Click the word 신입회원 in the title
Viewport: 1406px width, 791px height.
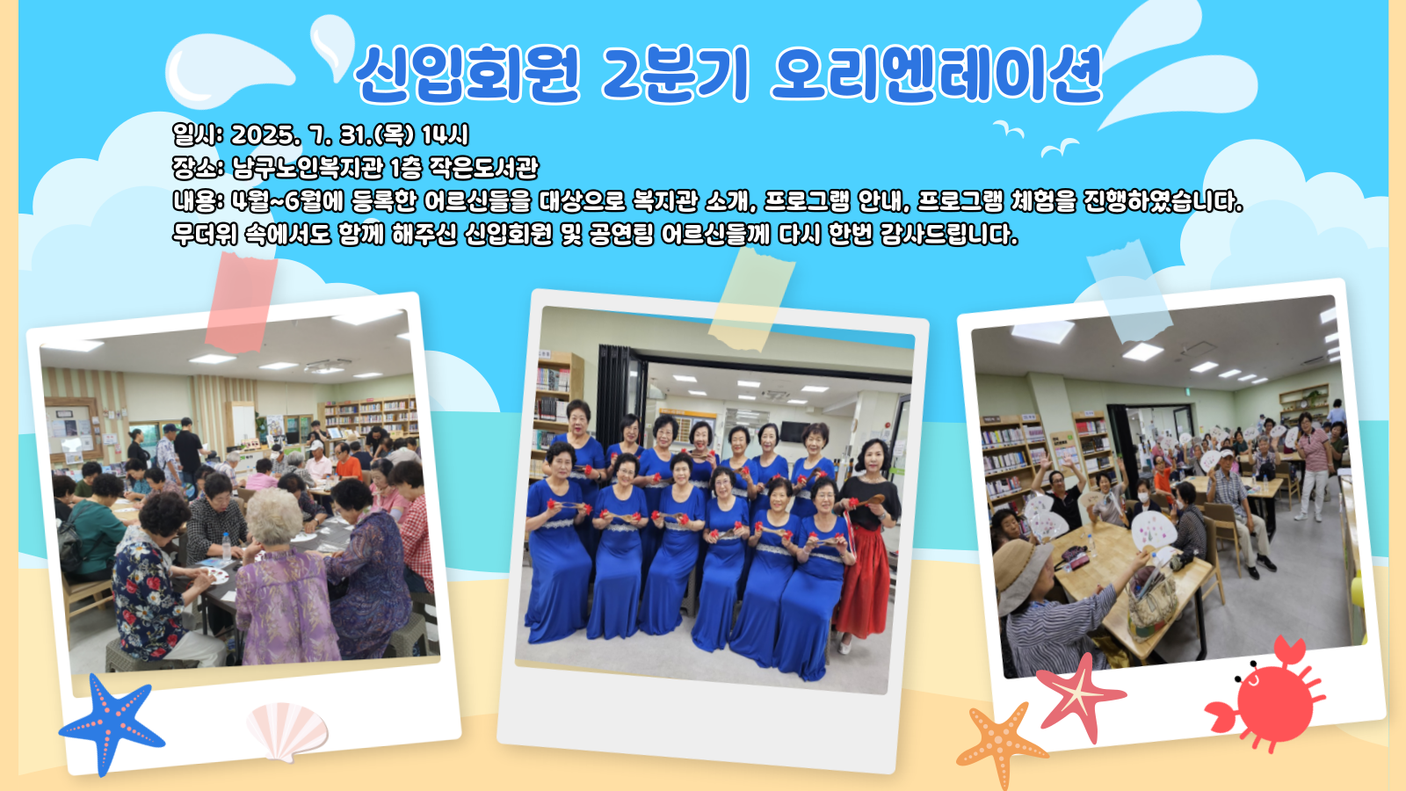click(x=467, y=74)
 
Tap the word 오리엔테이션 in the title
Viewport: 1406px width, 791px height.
click(x=937, y=74)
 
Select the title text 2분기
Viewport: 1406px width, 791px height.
click(x=676, y=74)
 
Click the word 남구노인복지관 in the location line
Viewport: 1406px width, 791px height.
click(x=308, y=168)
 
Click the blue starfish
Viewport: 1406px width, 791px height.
click(x=112, y=724)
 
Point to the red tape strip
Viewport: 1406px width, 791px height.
click(x=242, y=302)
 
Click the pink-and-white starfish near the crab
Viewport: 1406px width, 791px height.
click(x=1081, y=694)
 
